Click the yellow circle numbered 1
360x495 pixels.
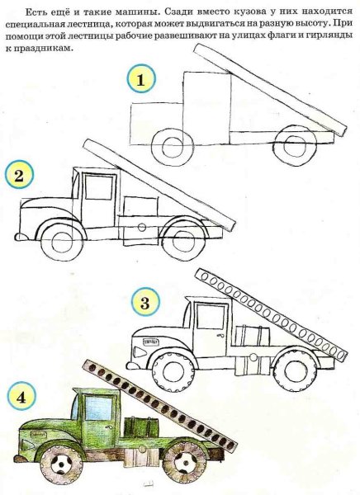[x=141, y=78]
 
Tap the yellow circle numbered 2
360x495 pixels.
[x=19, y=175]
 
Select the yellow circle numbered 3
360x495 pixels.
[x=144, y=302]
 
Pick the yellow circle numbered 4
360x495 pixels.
[x=21, y=396]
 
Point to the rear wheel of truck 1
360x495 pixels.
[x=296, y=145]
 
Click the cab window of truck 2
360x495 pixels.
[x=99, y=187]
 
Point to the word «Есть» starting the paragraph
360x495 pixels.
[x=36, y=12]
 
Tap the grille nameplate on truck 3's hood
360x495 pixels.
[x=150, y=342]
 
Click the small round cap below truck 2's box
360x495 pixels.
[x=142, y=227]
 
